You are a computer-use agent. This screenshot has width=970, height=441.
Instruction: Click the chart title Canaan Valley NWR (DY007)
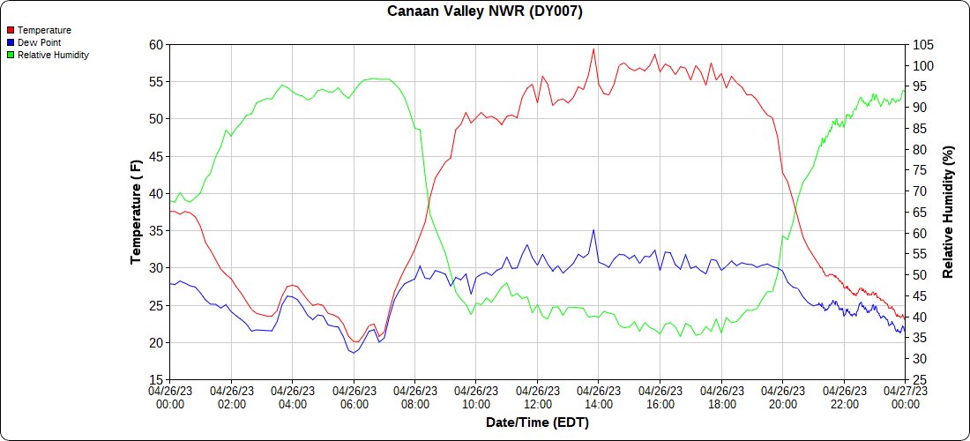(x=485, y=11)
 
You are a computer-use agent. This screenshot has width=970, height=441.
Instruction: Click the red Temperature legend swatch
(x=10, y=30)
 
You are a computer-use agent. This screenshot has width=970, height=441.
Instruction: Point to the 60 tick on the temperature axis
(x=156, y=44)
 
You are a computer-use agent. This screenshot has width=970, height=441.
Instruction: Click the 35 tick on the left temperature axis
(x=156, y=230)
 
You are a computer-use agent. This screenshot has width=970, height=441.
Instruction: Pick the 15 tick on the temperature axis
(x=156, y=379)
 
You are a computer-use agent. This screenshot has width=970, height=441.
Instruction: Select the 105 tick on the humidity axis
(x=922, y=44)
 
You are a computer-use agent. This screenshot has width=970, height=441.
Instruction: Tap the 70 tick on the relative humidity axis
(x=919, y=191)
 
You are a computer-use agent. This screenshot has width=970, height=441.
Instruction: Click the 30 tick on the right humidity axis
(x=919, y=358)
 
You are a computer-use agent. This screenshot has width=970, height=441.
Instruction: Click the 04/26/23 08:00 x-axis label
(x=414, y=397)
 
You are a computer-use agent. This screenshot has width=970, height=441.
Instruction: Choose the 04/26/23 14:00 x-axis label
(x=598, y=397)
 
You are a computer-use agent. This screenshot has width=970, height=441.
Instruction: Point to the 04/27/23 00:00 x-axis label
(x=905, y=397)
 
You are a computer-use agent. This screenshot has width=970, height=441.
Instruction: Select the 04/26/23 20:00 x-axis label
(x=782, y=397)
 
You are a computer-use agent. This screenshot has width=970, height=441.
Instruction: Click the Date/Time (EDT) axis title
(x=537, y=422)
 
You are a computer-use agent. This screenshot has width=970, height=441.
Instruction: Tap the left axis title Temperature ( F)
(x=136, y=212)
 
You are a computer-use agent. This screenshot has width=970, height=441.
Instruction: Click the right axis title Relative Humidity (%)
(x=949, y=212)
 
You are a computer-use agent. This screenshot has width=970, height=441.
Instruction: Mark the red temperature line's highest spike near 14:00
(x=593, y=49)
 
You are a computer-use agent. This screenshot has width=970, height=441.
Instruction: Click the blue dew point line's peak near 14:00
(x=593, y=230)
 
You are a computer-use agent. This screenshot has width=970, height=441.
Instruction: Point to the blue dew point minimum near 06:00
(x=352, y=353)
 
